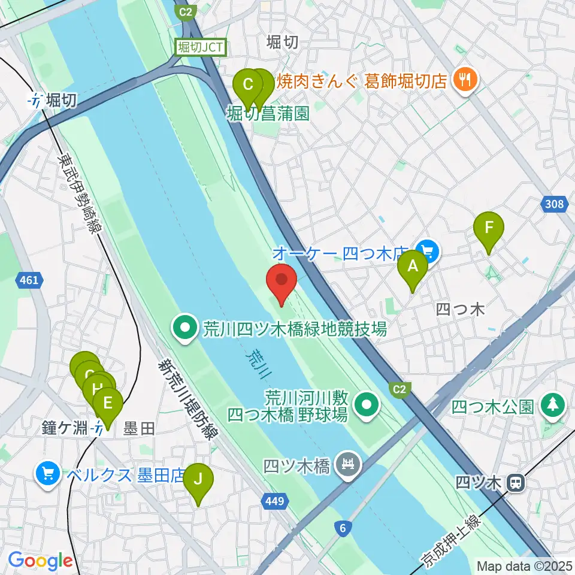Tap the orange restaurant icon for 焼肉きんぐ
tap(464, 79)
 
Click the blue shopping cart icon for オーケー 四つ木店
tap(428, 250)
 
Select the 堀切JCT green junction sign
tap(200, 48)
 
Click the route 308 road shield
tap(555, 205)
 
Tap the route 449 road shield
tap(273, 500)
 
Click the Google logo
tap(40, 561)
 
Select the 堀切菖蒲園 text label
tap(268, 113)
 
